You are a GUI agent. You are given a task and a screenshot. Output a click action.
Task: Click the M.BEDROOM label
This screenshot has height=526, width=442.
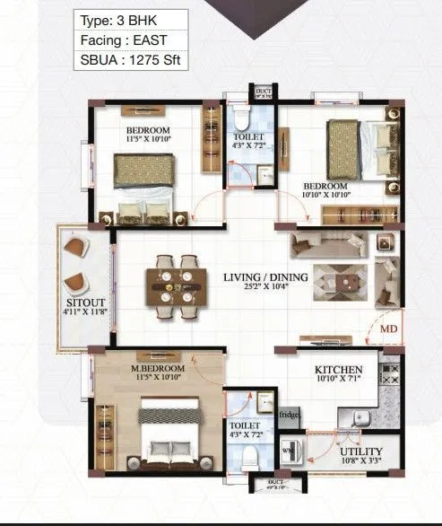coord(157,369)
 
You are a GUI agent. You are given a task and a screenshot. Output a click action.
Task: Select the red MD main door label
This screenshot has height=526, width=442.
coord(388,329)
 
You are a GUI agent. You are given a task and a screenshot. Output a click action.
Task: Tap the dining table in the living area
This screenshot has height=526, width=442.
coord(177,287)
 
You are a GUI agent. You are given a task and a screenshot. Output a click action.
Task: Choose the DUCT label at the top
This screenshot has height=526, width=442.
coord(263,92)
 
